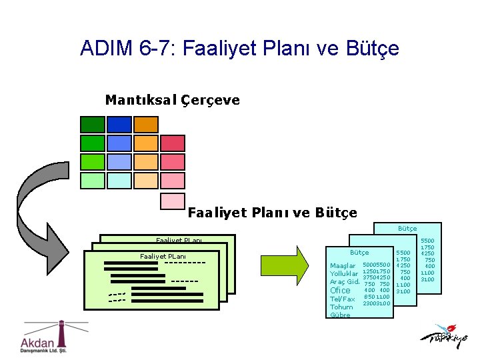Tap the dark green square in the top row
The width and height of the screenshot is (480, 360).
point(93,125)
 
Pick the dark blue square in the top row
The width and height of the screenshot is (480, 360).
point(119,125)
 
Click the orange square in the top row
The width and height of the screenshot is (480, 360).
point(146,125)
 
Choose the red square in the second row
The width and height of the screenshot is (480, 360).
point(173,143)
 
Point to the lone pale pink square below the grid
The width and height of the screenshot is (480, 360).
point(173,201)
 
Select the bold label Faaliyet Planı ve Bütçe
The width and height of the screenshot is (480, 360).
point(272,213)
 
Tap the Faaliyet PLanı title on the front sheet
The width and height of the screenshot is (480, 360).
point(163,256)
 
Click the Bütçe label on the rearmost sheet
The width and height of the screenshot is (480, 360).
point(407,229)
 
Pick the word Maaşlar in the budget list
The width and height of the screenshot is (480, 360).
point(343,266)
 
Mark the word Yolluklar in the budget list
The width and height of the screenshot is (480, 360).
point(344,274)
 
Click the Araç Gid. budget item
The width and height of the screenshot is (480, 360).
point(345,282)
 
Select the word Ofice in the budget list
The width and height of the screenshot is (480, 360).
point(340,291)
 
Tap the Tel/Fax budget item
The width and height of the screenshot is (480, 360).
point(342,299)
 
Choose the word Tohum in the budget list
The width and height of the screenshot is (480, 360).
point(341,307)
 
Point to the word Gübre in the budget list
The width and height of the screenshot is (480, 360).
point(340,315)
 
